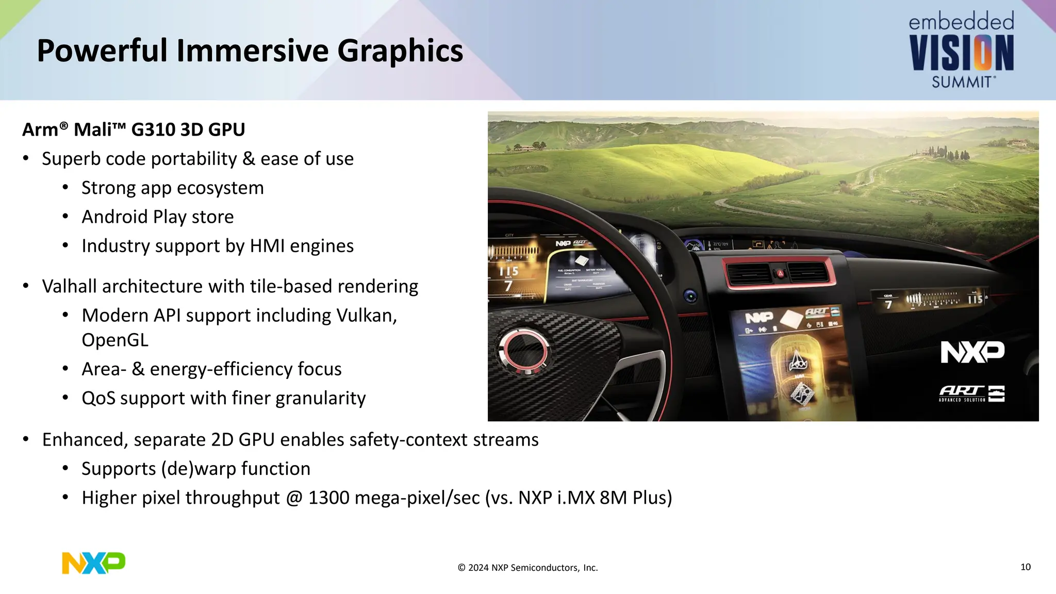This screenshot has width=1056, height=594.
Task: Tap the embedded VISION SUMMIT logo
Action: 962,51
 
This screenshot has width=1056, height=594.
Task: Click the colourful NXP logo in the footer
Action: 93,563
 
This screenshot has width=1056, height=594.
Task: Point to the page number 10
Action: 1025,567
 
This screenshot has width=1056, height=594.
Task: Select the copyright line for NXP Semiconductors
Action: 527,568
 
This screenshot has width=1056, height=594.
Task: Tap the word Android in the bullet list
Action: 114,217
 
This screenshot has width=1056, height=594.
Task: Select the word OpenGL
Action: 114,340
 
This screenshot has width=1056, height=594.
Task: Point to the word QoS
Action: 98,399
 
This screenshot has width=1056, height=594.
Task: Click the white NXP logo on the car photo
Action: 972,352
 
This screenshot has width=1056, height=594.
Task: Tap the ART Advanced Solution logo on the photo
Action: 971,393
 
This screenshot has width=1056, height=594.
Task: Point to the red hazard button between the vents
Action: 780,274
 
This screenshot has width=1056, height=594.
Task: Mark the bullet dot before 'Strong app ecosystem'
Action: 65,188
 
